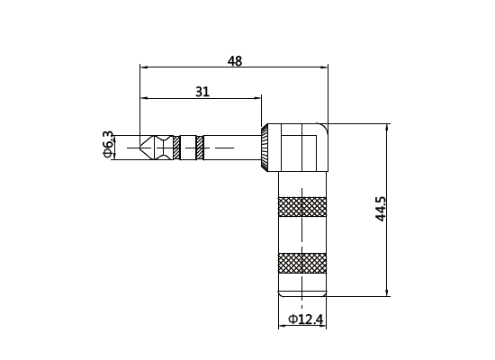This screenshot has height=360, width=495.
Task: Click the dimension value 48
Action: pos(235,60)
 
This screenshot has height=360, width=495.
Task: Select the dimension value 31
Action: pos(202,92)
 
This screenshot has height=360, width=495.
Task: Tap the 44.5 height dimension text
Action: pos(381,209)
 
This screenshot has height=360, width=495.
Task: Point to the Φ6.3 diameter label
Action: pos(109,145)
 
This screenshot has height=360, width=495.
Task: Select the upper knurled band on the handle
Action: pos(302,207)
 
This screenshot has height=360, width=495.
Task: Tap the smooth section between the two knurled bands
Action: pos(302,235)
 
